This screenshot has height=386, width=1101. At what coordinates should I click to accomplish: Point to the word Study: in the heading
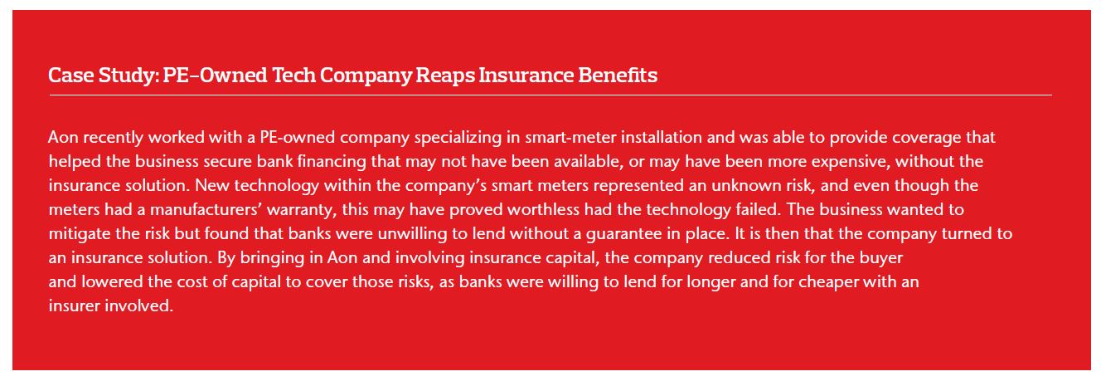pyautogui.click(x=128, y=76)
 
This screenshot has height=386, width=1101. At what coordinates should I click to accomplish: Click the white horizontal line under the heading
pyautogui.click(x=550, y=95)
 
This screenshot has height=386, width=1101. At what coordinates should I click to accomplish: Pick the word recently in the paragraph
pyautogui.click(x=113, y=137)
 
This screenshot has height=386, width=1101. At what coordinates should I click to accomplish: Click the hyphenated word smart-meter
pyautogui.click(x=570, y=137)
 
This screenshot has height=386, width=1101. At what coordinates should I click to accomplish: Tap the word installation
pyautogui.click(x=661, y=137)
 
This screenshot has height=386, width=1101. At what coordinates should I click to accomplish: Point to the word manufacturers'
pyautogui.click(x=206, y=210)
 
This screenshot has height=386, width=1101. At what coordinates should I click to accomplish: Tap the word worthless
pyautogui.click(x=543, y=210)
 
